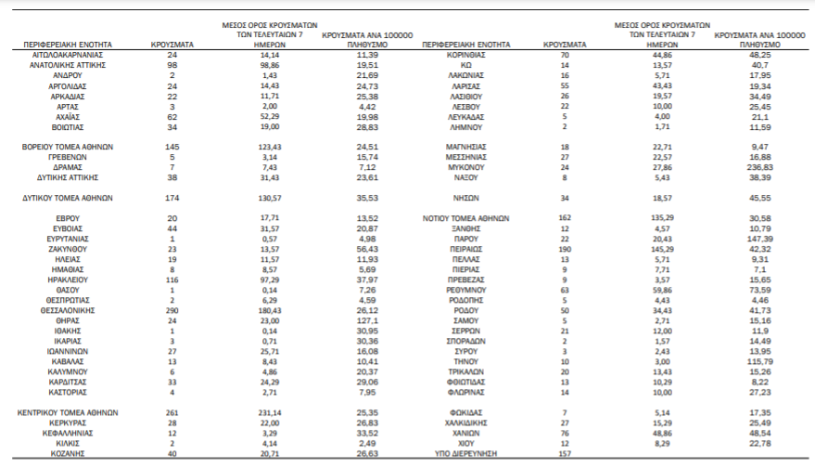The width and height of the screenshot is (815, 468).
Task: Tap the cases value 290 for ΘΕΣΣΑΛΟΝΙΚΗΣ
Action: click(x=172, y=311)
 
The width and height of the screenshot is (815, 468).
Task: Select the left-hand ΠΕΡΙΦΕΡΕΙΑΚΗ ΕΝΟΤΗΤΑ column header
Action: click(x=57, y=44)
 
